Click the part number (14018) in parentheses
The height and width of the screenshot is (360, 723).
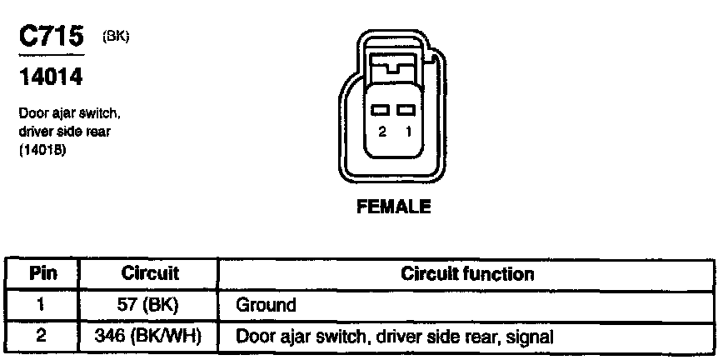(39, 152)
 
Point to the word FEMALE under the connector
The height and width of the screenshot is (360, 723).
(394, 207)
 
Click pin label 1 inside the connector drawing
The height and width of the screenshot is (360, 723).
(406, 132)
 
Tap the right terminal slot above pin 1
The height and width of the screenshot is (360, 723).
(406, 110)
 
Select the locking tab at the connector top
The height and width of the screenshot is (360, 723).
(394, 62)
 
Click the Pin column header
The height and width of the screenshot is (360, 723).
(42, 273)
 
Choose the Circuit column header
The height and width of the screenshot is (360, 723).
(150, 273)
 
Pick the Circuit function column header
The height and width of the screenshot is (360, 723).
(467, 273)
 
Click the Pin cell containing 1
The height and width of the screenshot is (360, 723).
(42, 304)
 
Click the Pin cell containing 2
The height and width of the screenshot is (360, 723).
(42, 337)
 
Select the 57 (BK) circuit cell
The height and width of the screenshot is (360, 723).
(150, 304)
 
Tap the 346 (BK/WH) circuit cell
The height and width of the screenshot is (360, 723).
(150, 337)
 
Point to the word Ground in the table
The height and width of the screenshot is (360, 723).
(266, 305)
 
